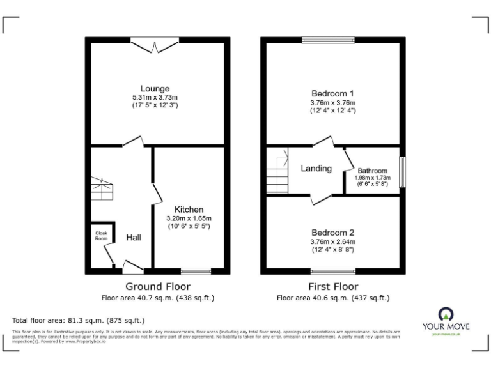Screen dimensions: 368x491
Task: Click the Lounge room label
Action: coord(155,88)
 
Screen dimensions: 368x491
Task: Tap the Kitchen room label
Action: coord(189,210)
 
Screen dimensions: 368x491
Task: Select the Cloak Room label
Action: coord(101,235)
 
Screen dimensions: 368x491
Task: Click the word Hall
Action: coord(134,238)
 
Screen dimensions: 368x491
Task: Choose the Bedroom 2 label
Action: coord(332,233)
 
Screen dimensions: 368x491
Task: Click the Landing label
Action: coord(316,169)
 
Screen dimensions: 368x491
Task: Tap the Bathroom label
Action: coord(372,171)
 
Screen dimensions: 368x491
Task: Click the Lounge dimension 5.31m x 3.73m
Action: coord(155,96)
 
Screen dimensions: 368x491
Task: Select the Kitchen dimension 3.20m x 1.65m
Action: coord(189,218)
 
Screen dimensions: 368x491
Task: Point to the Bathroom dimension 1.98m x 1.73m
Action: coord(372,178)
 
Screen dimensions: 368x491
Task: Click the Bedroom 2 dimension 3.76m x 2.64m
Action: coord(332,241)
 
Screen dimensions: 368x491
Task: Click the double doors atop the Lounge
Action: coord(155,45)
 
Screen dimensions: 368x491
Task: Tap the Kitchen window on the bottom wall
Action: coord(196,271)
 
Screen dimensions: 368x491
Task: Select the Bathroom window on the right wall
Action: coord(402,172)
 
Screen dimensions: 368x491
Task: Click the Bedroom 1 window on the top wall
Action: coord(328,40)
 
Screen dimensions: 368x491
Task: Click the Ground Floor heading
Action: coord(157,286)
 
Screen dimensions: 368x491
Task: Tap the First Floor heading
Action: coord(332,286)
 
